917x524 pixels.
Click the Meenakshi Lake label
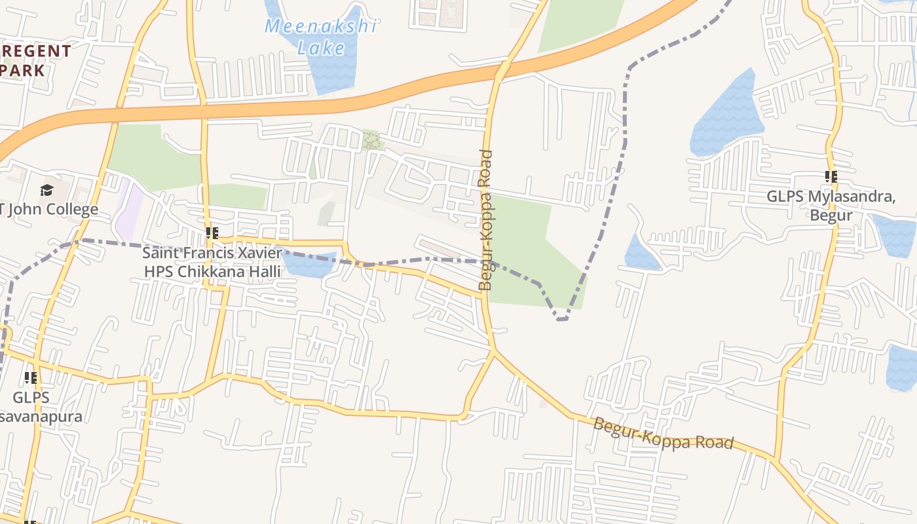(321, 37)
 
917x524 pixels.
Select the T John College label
(50, 210)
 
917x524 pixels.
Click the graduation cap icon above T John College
(47, 191)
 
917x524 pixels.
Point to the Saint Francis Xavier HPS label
(212, 261)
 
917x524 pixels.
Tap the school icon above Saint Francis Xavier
(212, 233)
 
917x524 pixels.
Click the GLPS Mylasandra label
(831, 206)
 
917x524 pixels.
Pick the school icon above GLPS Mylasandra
(831, 177)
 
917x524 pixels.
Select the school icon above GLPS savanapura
(30, 378)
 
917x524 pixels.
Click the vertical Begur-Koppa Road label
(485, 220)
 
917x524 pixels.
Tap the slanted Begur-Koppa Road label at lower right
(663, 434)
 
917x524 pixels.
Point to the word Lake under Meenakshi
(321, 47)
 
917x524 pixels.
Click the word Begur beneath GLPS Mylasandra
(831, 215)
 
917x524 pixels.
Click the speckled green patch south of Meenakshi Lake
(372, 140)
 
